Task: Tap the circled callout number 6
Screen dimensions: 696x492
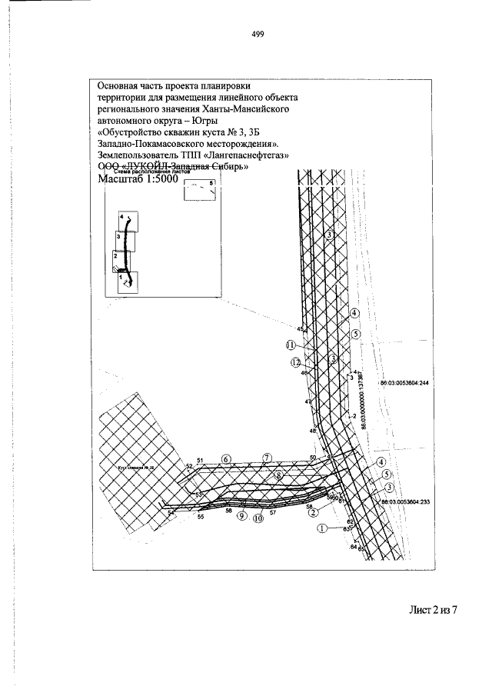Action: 226,459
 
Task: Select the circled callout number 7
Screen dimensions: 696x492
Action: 267,458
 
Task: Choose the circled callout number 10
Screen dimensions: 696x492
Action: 259,518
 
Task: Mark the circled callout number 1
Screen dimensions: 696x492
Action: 321,528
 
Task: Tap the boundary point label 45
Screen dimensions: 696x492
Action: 299,328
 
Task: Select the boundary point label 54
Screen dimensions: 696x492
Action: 171,511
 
